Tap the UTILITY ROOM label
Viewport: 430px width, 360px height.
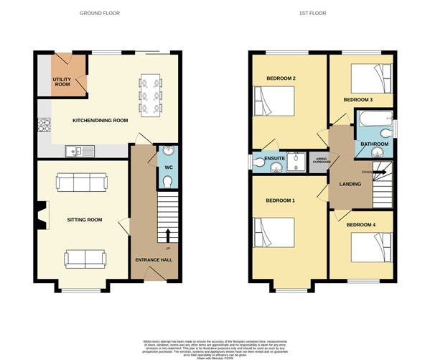[x=62, y=82]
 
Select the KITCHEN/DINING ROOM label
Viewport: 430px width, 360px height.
[x=100, y=121]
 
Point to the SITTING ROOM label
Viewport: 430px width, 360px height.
[x=85, y=220]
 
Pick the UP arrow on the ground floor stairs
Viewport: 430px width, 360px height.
[x=169, y=236]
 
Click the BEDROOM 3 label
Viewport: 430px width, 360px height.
[x=357, y=99]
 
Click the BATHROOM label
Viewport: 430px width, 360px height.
[x=374, y=144]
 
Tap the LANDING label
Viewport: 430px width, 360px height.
[x=350, y=185]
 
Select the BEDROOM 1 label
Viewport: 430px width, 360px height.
[x=280, y=200]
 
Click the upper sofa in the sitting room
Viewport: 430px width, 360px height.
[x=75, y=184]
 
